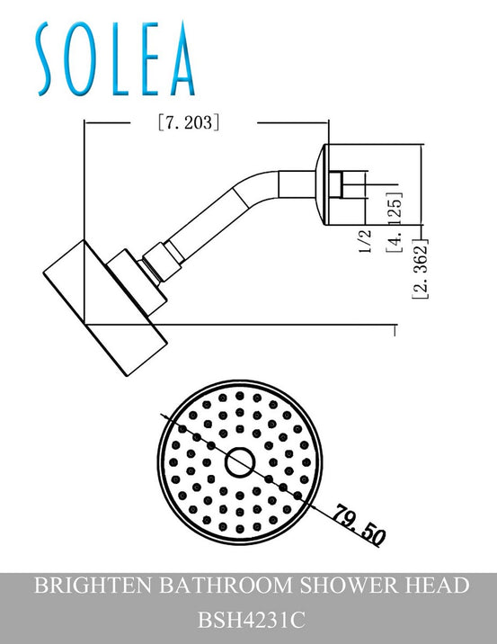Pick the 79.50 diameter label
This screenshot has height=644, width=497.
click(x=359, y=526)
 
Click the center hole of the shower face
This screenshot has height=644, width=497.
click(x=239, y=462)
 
